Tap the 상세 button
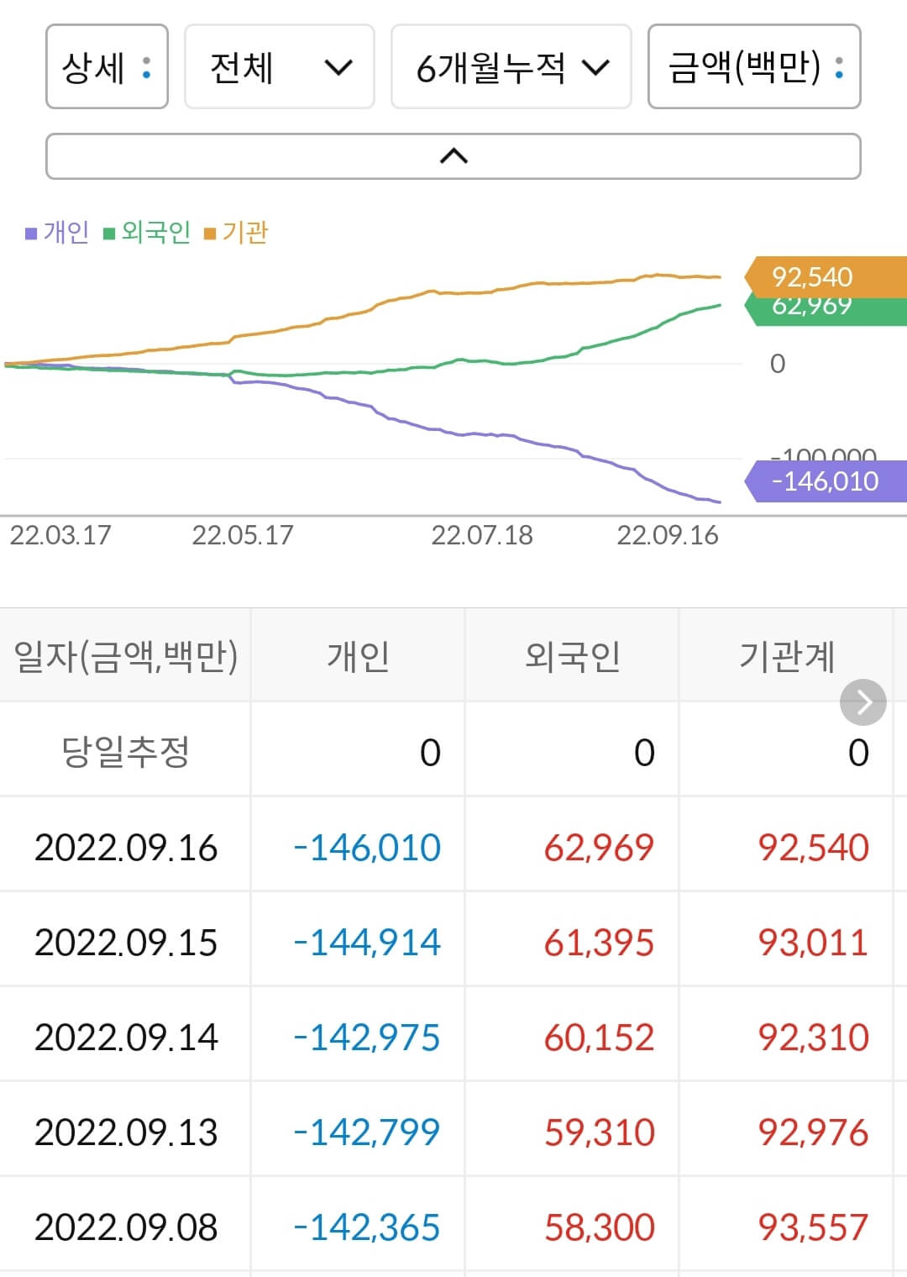coord(107,67)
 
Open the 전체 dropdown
coord(279,67)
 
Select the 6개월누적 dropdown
coord(511,67)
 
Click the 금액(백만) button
coord(753,67)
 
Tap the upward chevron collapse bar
coord(453,156)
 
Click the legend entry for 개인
coord(57,232)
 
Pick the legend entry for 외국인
coord(147,232)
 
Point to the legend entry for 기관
coord(236,232)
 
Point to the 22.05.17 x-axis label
coord(243,535)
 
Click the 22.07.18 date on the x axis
coord(482,535)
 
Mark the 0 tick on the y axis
coord(778,364)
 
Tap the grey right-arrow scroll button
coord(863,702)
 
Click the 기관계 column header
coord(786,655)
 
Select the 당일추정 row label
coord(126,751)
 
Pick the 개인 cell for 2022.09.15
coord(367,942)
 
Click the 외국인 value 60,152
coord(599,1037)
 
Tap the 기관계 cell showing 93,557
coord(813,1227)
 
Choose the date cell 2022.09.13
coord(126,1132)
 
